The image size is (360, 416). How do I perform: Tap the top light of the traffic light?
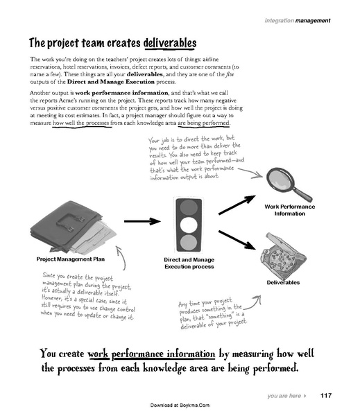[189, 207]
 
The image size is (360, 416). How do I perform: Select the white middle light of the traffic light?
[189, 225]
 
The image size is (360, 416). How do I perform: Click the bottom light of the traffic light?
[189, 242]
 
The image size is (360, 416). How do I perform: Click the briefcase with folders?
[73, 227]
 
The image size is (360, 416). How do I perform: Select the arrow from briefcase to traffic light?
[142, 221]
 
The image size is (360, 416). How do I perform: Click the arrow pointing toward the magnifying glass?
[237, 205]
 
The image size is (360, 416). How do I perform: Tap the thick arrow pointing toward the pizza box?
[237, 240]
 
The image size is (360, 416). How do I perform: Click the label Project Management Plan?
[71, 259]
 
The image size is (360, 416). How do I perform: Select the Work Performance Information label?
[290, 210]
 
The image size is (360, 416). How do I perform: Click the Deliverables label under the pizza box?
[283, 283]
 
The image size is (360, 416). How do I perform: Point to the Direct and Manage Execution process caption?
[189, 263]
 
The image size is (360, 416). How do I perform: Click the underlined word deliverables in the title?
[170, 43]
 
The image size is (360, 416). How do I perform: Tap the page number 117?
[326, 396]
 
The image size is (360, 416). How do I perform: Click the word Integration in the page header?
[280, 20]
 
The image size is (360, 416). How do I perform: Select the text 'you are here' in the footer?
[284, 396]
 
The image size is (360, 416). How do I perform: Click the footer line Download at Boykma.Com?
[180, 405]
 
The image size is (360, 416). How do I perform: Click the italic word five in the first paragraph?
[230, 74]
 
